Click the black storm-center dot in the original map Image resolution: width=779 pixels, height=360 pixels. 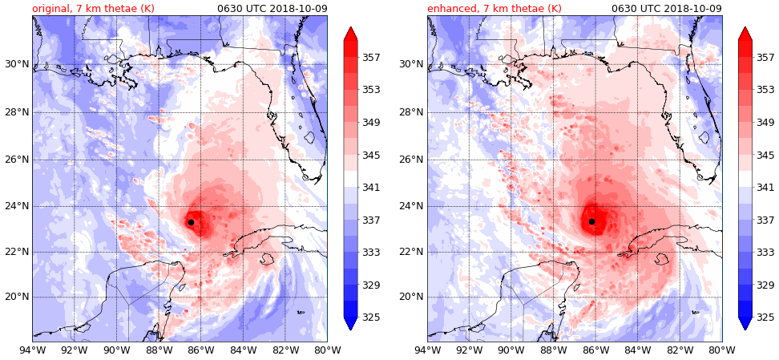pos(191,222)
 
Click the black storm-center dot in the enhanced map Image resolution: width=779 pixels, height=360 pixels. pos(591,221)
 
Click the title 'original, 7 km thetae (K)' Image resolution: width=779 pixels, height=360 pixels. pos(93,8)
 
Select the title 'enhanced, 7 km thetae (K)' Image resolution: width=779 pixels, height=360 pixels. pos(494,8)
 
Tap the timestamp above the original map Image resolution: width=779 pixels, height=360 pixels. pos(272,8)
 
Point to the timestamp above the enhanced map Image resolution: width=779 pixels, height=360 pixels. pos(666,8)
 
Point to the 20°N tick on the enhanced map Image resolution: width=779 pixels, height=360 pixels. pos(410,297)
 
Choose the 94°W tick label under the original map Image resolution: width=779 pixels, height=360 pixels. pos(32,350)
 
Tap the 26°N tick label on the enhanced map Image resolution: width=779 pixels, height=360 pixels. pos(410,159)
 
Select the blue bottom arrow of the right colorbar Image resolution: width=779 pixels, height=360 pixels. pos(745,323)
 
